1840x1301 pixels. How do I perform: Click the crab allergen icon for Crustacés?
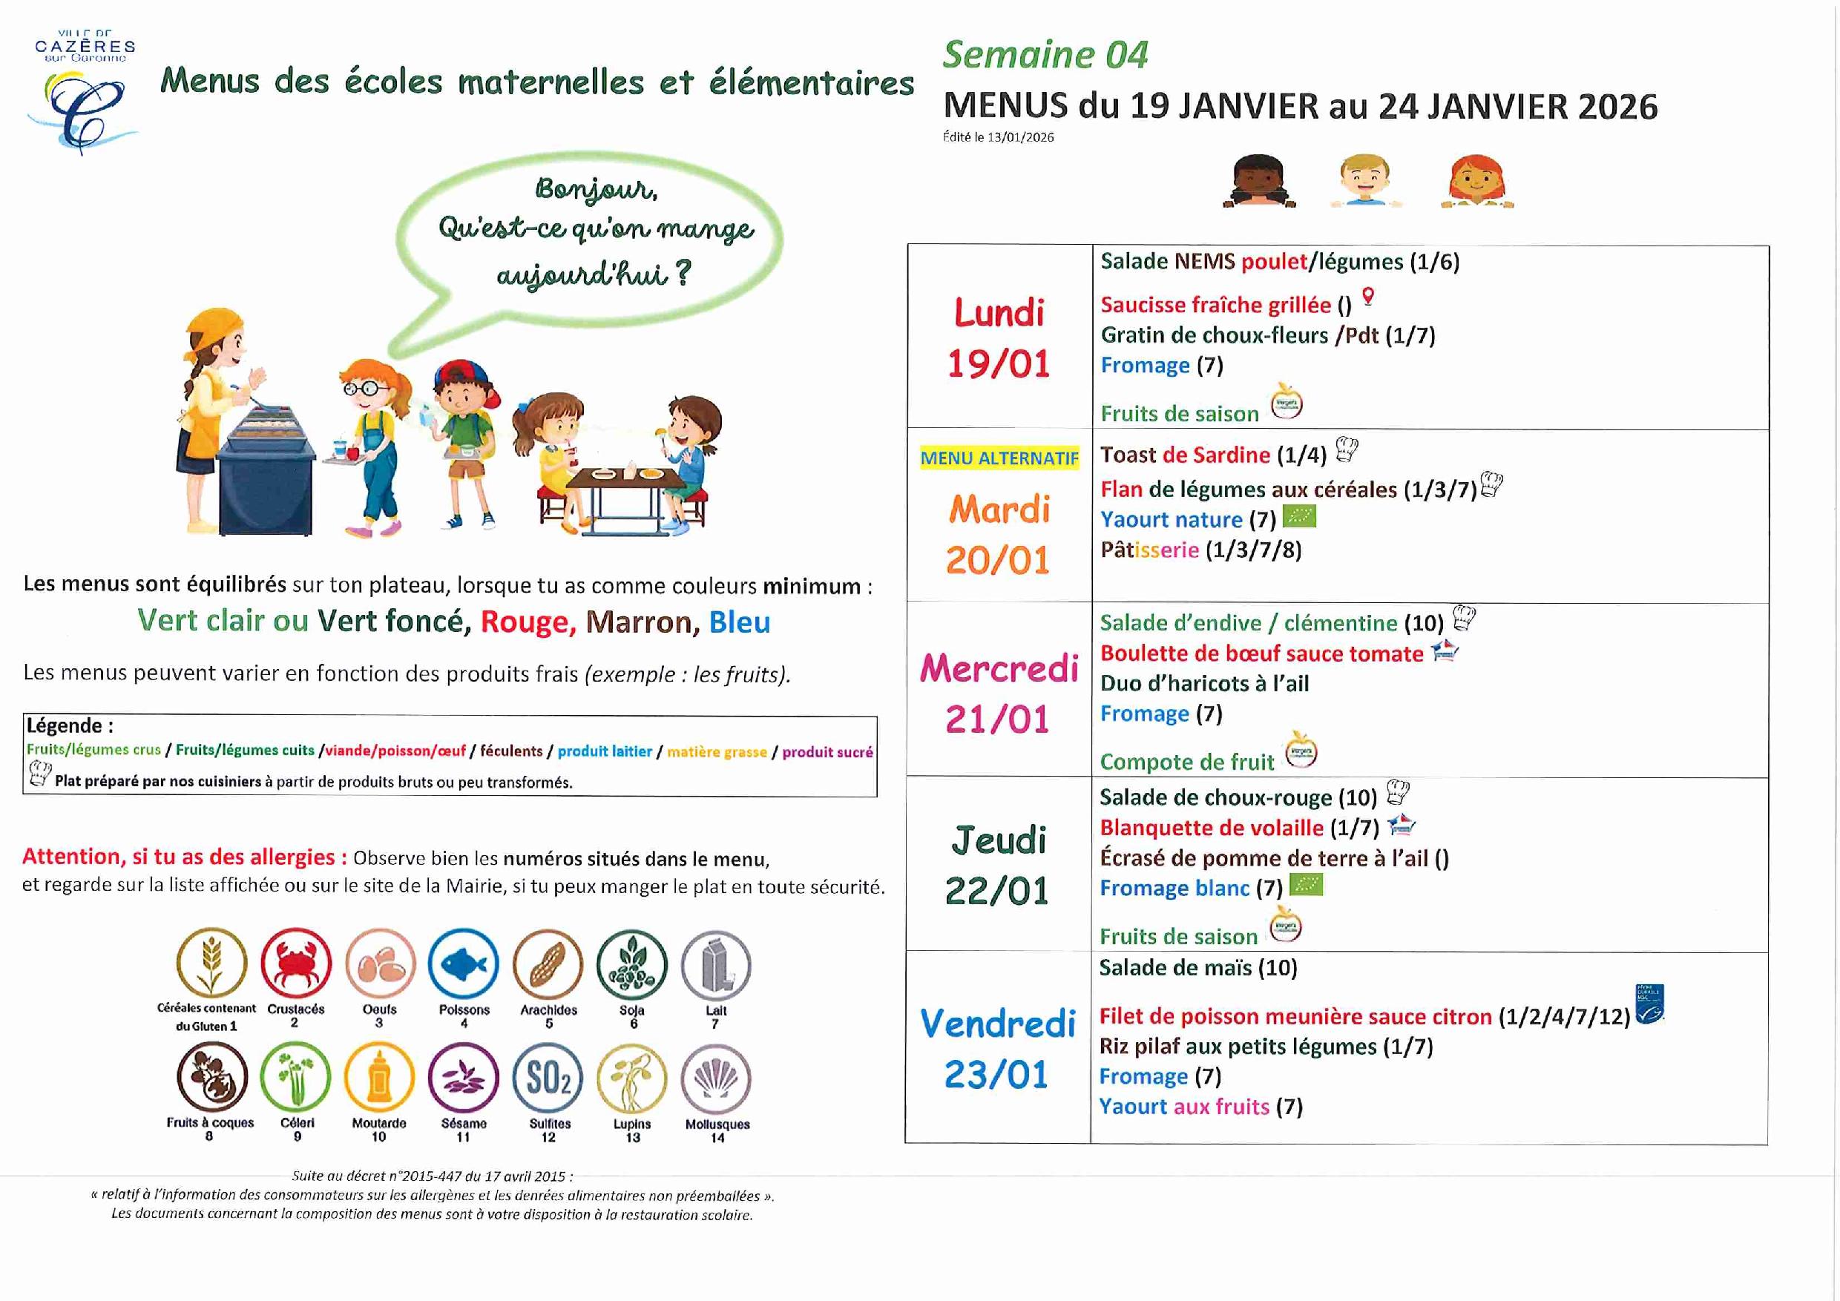(x=296, y=963)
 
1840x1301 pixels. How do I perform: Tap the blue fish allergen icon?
(x=463, y=964)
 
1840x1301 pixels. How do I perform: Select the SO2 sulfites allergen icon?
(x=548, y=1078)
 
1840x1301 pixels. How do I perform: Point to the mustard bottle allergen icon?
(x=379, y=1078)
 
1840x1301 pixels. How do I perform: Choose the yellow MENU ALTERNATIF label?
(x=999, y=458)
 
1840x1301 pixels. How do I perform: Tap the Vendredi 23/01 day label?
(x=997, y=1049)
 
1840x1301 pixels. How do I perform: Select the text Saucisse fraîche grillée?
(x=1215, y=305)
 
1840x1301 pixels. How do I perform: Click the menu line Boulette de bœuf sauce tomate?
(x=1261, y=653)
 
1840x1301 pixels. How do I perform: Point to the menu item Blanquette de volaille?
(x=1211, y=828)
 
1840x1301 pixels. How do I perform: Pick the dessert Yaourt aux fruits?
(x=1183, y=1107)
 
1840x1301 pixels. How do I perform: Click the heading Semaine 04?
(x=1045, y=56)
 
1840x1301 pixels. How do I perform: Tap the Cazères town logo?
(x=83, y=92)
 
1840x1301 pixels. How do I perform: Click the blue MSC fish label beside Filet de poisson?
(x=1649, y=1004)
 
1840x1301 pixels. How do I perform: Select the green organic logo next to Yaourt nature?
(x=1299, y=517)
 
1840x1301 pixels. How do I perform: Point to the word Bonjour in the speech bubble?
(x=597, y=189)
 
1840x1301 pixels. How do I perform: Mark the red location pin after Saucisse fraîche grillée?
(x=1368, y=297)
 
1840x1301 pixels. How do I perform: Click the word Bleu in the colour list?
(x=739, y=622)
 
